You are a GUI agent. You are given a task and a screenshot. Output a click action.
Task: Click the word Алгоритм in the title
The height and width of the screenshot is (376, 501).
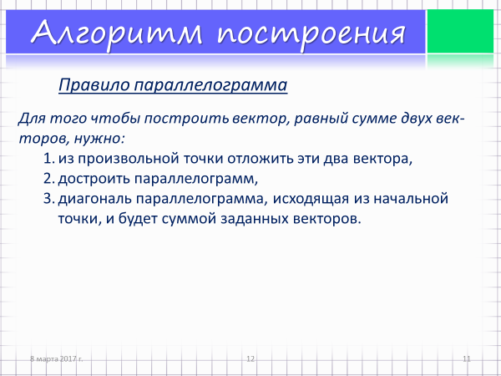pyautogui.click(x=117, y=33)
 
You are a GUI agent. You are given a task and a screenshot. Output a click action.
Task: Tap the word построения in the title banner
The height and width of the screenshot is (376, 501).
pyautogui.click(x=311, y=34)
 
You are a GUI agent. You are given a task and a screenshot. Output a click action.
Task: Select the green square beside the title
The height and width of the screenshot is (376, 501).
pyautogui.click(x=460, y=32)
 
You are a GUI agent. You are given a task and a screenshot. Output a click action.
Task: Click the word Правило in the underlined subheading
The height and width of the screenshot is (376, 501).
pyautogui.click(x=94, y=85)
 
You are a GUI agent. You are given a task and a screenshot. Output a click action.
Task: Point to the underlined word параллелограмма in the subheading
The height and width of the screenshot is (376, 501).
pyautogui.click(x=210, y=86)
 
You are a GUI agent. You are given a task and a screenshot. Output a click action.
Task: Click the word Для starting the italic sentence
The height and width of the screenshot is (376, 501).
pyautogui.click(x=32, y=119)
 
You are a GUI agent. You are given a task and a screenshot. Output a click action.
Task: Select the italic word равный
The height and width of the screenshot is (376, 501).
pyautogui.click(x=321, y=119)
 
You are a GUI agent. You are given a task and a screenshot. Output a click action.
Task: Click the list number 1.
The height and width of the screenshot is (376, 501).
pyautogui.click(x=48, y=159)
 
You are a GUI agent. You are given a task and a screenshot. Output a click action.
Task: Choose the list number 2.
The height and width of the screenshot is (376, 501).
pyautogui.click(x=49, y=179)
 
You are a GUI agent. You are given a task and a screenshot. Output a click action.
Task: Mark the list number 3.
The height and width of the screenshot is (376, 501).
pyautogui.click(x=49, y=199)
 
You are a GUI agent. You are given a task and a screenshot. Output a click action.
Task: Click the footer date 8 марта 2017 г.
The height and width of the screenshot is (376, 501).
pyautogui.click(x=56, y=358)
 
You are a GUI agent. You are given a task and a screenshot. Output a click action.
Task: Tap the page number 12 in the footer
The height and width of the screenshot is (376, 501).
pyautogui.click(x=250, y=358)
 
